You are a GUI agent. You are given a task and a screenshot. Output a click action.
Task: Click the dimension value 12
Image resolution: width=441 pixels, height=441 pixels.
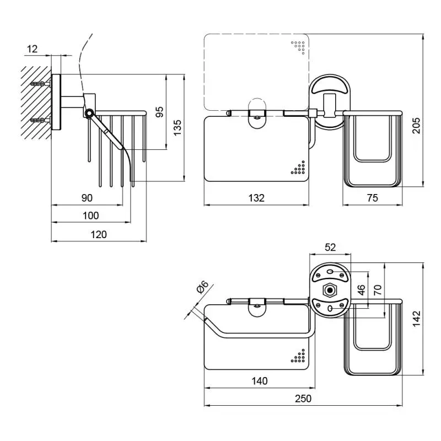pos(32,49)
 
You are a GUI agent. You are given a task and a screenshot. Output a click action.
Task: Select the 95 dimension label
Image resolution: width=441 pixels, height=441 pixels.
pos(159,111)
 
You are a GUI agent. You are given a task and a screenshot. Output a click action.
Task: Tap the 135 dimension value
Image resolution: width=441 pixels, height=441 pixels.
pos(177,128)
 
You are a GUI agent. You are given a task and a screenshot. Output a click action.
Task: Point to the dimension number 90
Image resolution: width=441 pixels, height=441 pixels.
pos(87,198)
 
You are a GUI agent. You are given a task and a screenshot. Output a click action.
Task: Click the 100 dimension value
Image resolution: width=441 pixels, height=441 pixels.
pos(91,216)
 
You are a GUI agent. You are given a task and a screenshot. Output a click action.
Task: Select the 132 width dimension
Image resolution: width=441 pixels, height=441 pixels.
pos(256,198)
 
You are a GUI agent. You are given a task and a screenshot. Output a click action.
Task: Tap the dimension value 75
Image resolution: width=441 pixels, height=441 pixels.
pos(373,198)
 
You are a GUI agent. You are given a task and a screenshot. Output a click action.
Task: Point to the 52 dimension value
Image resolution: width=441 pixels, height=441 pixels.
pos(330,248)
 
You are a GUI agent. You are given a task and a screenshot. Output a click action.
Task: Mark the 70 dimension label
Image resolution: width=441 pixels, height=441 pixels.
pos(378,289)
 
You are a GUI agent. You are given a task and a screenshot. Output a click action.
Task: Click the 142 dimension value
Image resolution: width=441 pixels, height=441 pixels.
pos(416,317)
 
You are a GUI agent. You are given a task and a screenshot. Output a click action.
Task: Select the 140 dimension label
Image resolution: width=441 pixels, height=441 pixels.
pos(259,380)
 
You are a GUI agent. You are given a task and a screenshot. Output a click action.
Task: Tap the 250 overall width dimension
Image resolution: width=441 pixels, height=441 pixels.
pos(303,398)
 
